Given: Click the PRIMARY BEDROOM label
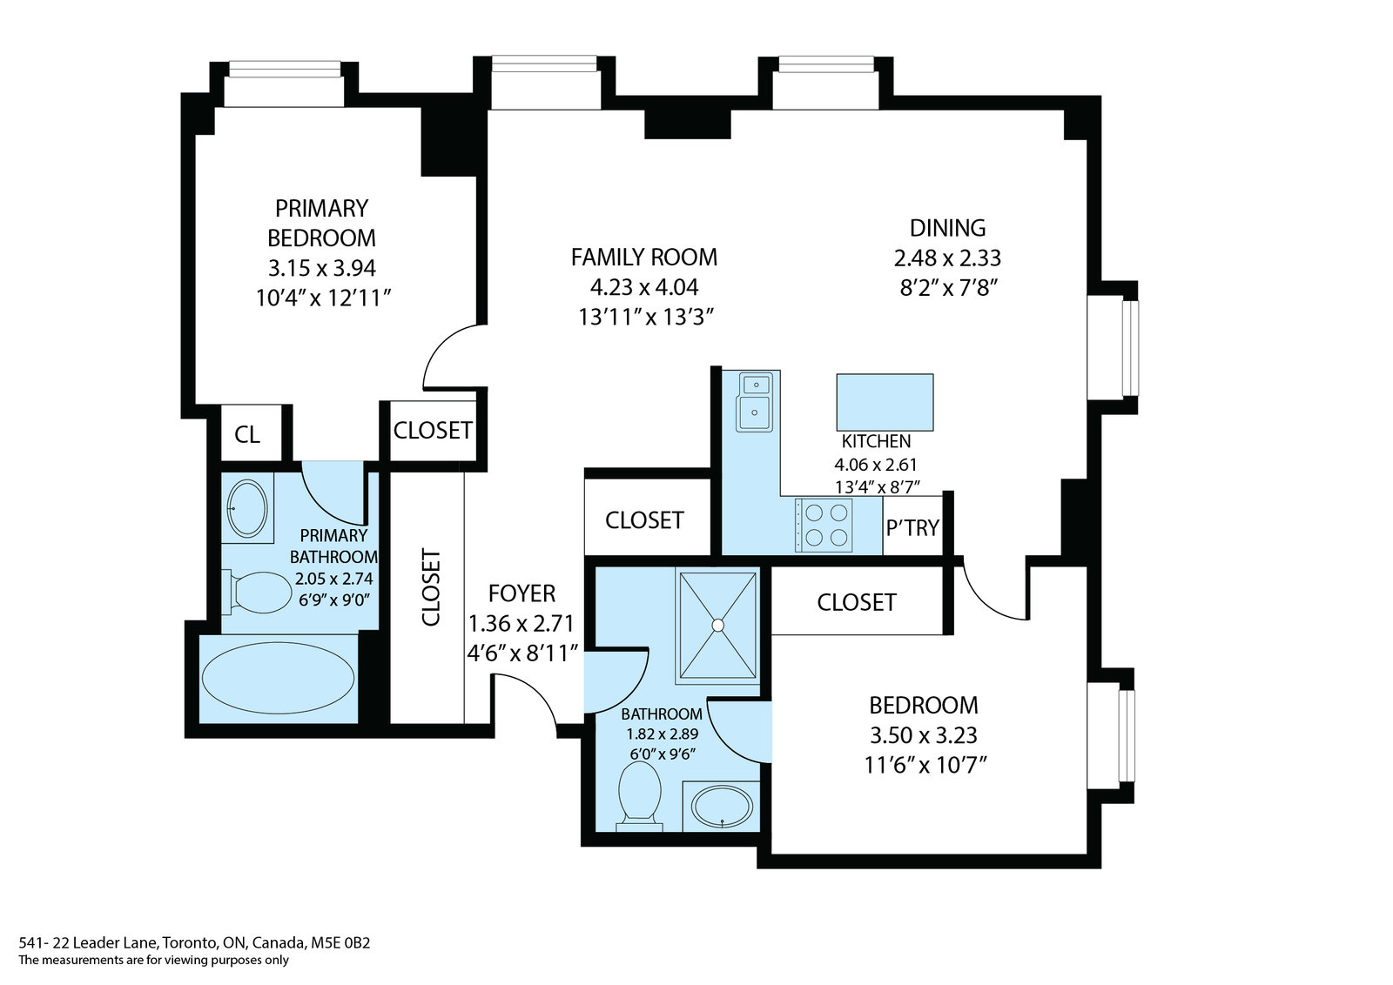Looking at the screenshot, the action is point(321,223).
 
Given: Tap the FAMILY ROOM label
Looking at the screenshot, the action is point(644,257).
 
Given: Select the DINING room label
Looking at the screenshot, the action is point(947,228).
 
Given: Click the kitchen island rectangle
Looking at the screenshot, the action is point(885,402).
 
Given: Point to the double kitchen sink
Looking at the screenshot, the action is point(755,402).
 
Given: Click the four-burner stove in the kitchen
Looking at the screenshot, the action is point(824,525).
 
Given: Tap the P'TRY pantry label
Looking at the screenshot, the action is point(912,527).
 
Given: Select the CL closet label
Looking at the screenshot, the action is point(247,434).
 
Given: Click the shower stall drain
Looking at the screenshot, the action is point(718,625).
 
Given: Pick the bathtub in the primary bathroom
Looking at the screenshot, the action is point(278,678).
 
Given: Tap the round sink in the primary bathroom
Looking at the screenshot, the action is point(247,509).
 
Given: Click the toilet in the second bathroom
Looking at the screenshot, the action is point(639,796).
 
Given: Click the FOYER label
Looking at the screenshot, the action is point(522,593).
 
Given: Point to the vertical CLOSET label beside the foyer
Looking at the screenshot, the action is point(431,586).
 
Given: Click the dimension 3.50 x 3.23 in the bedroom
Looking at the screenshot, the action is point(924,735).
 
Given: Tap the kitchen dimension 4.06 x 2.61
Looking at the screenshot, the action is point(876,465).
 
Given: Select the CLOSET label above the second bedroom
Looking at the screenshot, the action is point(857,602).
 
